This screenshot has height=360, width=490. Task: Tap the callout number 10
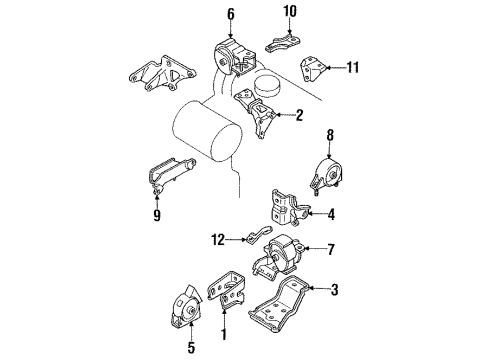[x=289, y=12]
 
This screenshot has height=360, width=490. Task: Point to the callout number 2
[x=297, y=115]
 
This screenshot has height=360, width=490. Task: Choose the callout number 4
[x=332, y=212]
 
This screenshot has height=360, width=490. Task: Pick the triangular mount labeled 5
[x=187, y=307]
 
